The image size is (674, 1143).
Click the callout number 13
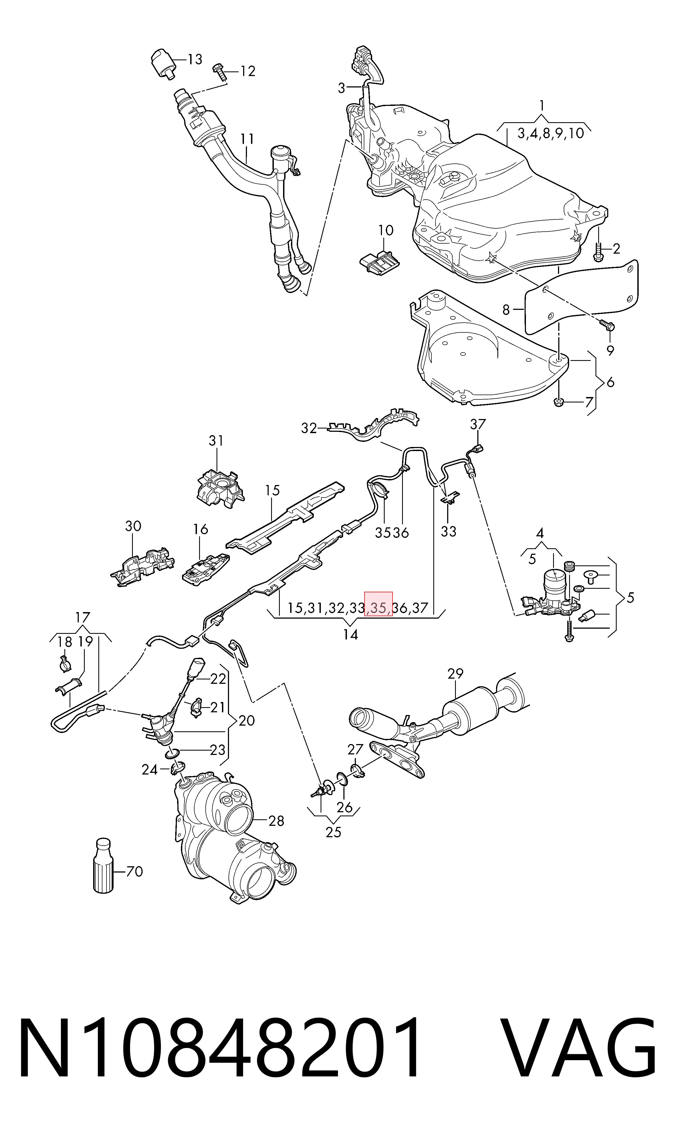pyautogui.click(x=195, y=59)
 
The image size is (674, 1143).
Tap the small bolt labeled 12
pyautogui.click(x=220, y=71)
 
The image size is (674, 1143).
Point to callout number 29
pyautogui.click(x=455, y=674)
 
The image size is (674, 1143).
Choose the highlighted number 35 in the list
pyautogui.click(x=378, y=608)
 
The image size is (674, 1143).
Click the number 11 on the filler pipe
pyautogui.click(x=247, y=139)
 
